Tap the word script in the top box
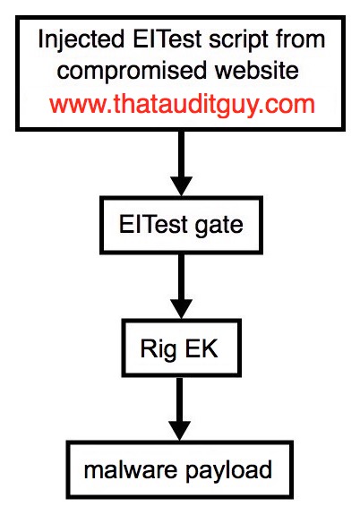[239, 40]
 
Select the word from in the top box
[300, 39]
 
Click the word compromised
[133, 72]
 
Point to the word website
[256, 70]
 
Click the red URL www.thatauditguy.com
[183, 105]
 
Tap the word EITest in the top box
[167, 39]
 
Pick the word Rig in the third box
[158, 350]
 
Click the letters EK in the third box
[201, 348]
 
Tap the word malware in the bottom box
[131, 469]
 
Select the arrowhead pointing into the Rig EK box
[181, 309]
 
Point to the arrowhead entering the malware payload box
[180, 431]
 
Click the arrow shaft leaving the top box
[181, 154]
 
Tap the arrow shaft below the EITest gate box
[181, 277]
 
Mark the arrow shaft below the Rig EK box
[180, 399]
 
